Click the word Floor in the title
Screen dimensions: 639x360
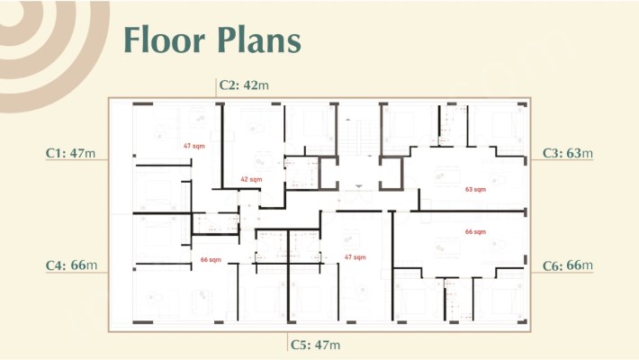[x=164, y=40]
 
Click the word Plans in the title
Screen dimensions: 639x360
[x=259, y=40]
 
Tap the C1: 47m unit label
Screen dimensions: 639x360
[x=70, y=153]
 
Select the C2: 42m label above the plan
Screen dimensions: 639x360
[x=244, y=85]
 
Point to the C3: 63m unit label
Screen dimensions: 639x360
[x=568, y=153]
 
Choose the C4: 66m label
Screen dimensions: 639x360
[x=71, y=265]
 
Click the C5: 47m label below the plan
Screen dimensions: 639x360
[x=315, y=345]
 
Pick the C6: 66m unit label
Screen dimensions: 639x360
[x=568, y=265]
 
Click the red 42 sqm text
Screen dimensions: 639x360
[x=251, y=179]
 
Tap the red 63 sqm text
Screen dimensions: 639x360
[x=475, y=190]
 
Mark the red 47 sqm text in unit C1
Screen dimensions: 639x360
[x=194, y=146]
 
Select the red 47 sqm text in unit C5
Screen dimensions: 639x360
[x=355, y=257]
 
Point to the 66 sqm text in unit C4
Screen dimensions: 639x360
[x=211, y=260]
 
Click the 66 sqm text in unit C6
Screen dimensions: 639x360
[x=475, y=232]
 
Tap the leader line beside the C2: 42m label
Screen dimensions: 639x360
[x=216, y=87]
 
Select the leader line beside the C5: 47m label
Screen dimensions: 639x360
[x=287, y=342]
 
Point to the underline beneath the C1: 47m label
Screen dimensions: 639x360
[x=76, y=159]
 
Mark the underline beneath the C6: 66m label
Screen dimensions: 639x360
[x=562, y=272]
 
